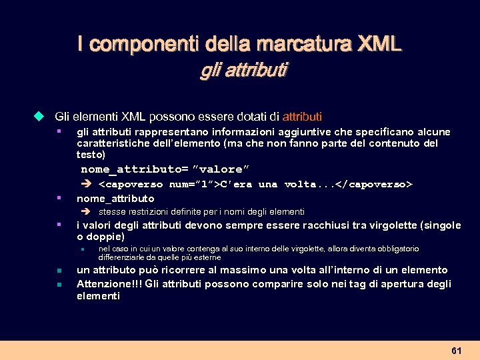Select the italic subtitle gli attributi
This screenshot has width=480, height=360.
[243, 69]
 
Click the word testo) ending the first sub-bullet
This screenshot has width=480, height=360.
[91, 154]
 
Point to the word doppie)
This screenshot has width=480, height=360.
[107, 237]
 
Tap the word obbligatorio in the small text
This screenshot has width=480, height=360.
[395, 249]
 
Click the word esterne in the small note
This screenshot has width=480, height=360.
[205, 257]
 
